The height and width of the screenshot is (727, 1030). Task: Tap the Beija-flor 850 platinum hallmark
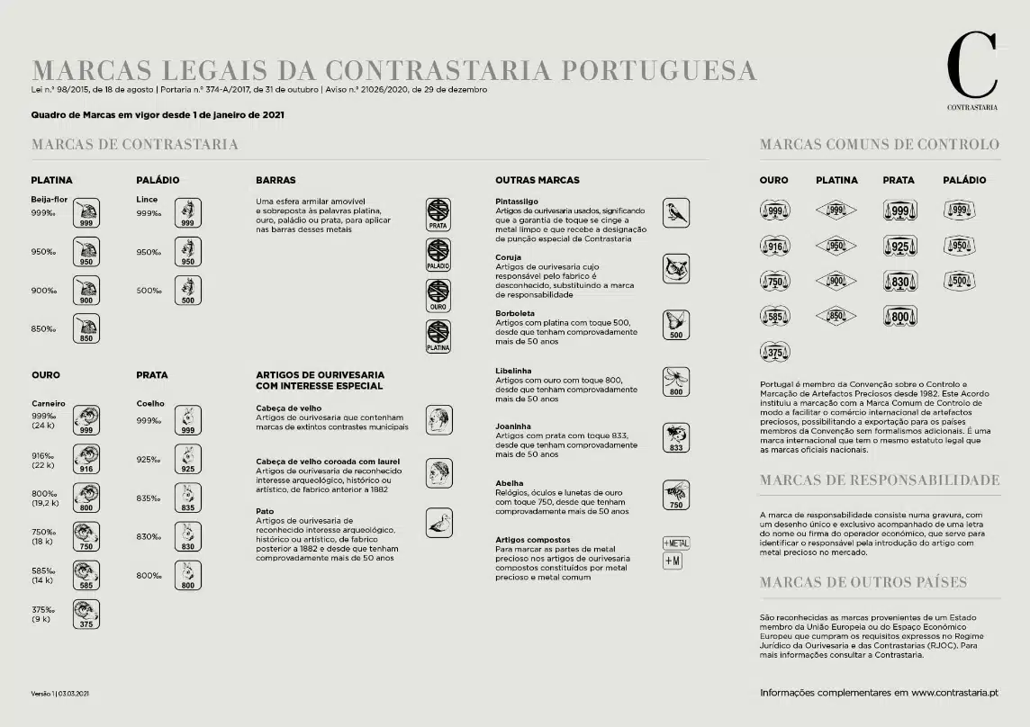[86, 329]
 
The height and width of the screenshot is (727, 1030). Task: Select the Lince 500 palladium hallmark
[187, 291]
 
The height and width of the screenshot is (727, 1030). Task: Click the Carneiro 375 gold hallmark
[86, 614]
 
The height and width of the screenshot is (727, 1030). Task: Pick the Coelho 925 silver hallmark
[187, 460]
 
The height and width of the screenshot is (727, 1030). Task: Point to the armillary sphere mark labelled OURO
[438, 296]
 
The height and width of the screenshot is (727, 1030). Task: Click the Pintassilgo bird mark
[675, 213]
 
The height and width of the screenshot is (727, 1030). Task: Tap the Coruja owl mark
[675, 268]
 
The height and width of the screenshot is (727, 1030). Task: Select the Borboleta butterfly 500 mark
[675, 325]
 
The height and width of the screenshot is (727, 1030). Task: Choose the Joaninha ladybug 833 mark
[675, 438]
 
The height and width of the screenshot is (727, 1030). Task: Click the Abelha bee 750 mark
[675, 495]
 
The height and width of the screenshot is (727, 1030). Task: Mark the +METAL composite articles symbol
[676, 543]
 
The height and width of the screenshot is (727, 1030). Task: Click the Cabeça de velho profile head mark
[438, 420]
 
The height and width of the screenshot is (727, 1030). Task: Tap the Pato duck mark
[438, 522]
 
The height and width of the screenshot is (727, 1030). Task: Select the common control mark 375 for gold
[774, 352]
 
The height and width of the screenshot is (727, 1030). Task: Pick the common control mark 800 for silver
[899, 317]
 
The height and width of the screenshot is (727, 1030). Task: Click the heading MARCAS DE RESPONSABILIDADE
[880, 480]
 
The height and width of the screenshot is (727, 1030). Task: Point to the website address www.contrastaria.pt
[954, 693]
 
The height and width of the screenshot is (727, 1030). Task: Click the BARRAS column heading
[276, 180]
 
